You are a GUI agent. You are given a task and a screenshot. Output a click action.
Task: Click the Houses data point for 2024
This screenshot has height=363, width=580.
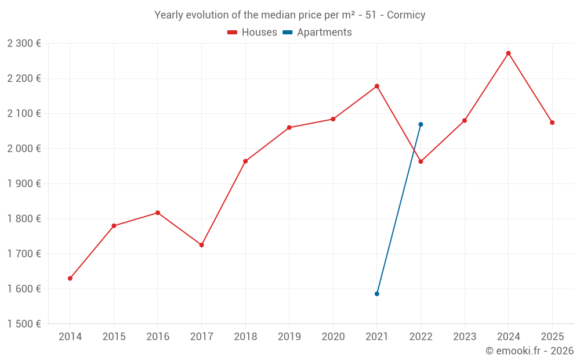(508, 53)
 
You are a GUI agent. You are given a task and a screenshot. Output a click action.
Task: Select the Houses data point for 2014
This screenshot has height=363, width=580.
(70, 278)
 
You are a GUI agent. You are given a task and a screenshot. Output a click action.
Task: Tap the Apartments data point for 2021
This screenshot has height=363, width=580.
(377, 294)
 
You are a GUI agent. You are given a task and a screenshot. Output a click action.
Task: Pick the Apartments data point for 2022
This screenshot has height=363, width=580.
(420, 124)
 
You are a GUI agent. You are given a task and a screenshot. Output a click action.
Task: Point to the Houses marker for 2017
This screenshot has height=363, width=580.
(202, 245)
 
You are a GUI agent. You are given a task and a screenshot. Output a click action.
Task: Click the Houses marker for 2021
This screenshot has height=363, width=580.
(377, 86)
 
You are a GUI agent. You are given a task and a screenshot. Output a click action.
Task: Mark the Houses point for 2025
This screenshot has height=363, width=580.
(552, 123)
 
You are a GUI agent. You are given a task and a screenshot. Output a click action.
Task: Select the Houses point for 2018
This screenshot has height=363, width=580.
(245, 161)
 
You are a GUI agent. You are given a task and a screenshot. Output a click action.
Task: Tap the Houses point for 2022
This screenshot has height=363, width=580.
(420, 161)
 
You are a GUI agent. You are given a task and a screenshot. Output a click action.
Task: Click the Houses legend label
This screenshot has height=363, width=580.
(259, 33)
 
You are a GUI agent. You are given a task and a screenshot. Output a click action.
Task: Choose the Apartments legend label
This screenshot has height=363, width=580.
(324, 33)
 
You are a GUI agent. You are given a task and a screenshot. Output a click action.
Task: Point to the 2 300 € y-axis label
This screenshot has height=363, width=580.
(24, 44)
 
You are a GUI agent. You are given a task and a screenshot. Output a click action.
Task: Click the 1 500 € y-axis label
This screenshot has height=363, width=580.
(24, 324)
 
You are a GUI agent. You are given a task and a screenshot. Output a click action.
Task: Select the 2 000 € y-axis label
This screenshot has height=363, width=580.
(24, 149)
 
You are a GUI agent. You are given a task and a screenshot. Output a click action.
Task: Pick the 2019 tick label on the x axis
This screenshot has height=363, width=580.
(289, 337)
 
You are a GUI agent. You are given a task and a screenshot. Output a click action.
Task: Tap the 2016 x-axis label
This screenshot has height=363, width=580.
(158, 337)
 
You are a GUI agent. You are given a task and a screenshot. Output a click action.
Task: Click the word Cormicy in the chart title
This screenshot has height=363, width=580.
(406, 15)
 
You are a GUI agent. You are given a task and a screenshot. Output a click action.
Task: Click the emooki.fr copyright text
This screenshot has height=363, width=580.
(529, 351)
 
